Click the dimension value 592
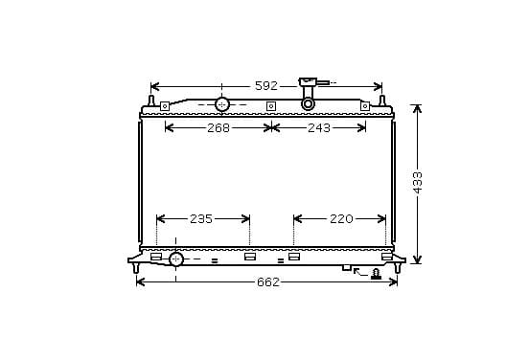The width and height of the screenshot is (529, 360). point(266,86)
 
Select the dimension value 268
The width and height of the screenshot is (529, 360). point(218,127)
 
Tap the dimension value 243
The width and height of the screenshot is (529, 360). point(319,127)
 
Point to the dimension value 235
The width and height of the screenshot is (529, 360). point(201,218)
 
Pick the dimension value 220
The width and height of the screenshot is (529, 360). point(341,218)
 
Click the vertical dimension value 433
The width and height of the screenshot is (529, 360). point(418,183)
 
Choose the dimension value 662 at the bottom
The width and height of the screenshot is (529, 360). point(268,282)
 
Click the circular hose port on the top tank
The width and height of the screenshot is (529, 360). point(221,104)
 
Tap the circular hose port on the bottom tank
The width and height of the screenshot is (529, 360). point(176,259)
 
